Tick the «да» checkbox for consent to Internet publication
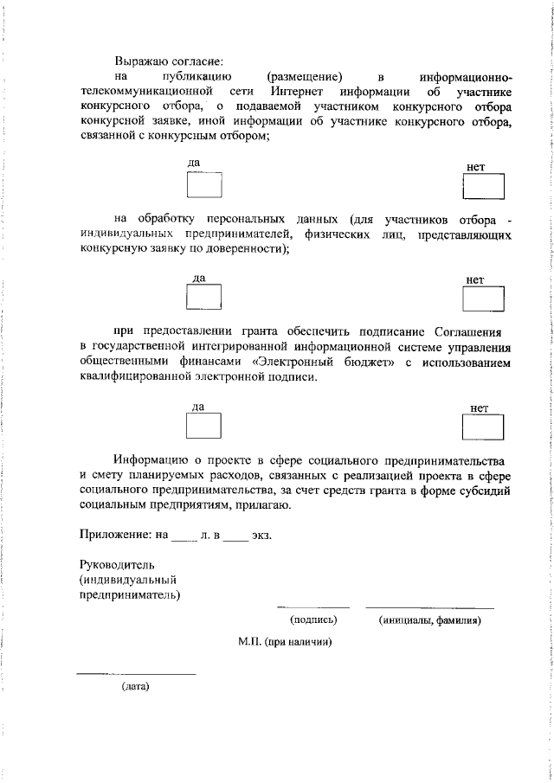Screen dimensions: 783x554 click(x=204, y=185)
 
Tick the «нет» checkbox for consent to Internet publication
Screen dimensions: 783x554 click(x=483, y=186)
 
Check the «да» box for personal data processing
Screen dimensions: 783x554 click(x=204, y=298)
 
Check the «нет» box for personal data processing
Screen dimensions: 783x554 click(x=483, y=298)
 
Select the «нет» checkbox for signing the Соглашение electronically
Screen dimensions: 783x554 click(x=483, y=427)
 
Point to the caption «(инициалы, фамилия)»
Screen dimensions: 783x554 click(x=429, y=619)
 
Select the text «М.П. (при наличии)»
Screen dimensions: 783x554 click(x=286, y=642)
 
